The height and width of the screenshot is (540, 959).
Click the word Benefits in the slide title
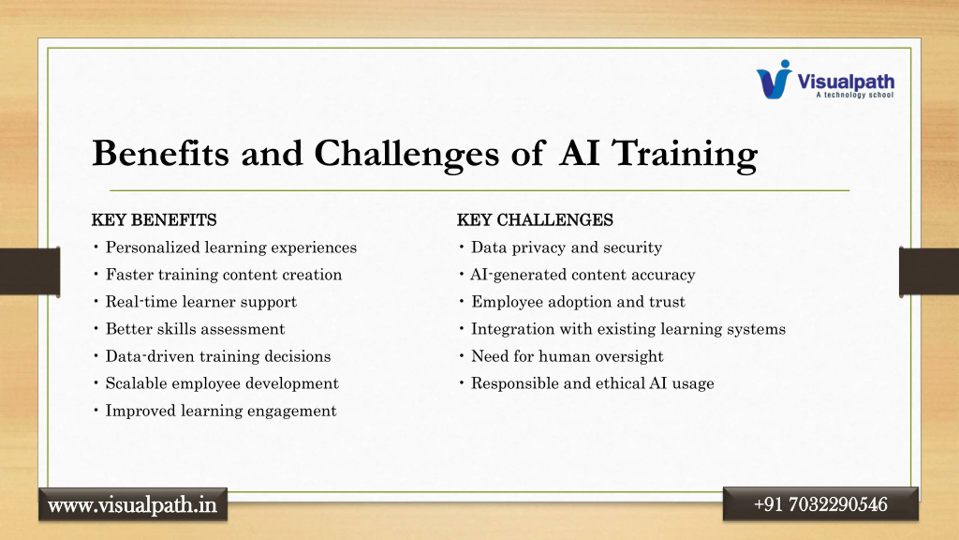[x=160, y=153]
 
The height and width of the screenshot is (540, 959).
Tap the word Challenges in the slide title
[x=407, y=156]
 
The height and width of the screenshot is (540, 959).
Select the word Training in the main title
[x=684, y=156]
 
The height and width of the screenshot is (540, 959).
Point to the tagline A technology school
[x=855, y=95]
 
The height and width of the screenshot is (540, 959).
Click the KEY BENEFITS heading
[x=154, y=220]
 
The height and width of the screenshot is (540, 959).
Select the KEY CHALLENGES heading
[x=535, y=220]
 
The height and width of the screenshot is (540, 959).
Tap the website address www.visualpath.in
[x=133, y=505]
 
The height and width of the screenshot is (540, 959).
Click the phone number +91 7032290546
[x=820, y=504]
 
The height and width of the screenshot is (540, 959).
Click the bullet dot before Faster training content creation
[x=96, y=274]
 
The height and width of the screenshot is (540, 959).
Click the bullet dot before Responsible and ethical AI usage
[x=462, y=383]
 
